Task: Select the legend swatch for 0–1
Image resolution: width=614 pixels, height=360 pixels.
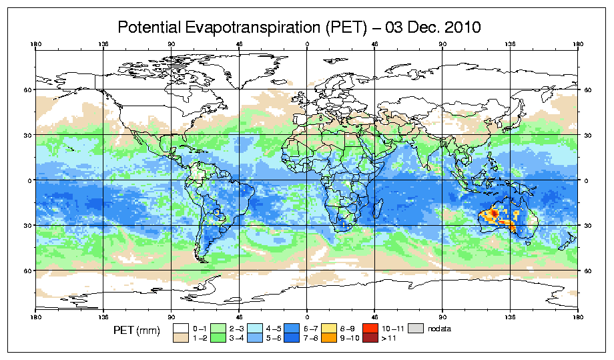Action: (x=181, y=329)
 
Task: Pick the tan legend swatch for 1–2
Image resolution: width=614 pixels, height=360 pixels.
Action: (x=181, y=338)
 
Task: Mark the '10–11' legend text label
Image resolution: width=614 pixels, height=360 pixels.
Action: (x=392, y=329)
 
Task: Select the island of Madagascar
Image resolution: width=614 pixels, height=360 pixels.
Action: (x=378, y=210)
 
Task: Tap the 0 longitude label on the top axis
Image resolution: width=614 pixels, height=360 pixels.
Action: (x=307, y=46)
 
